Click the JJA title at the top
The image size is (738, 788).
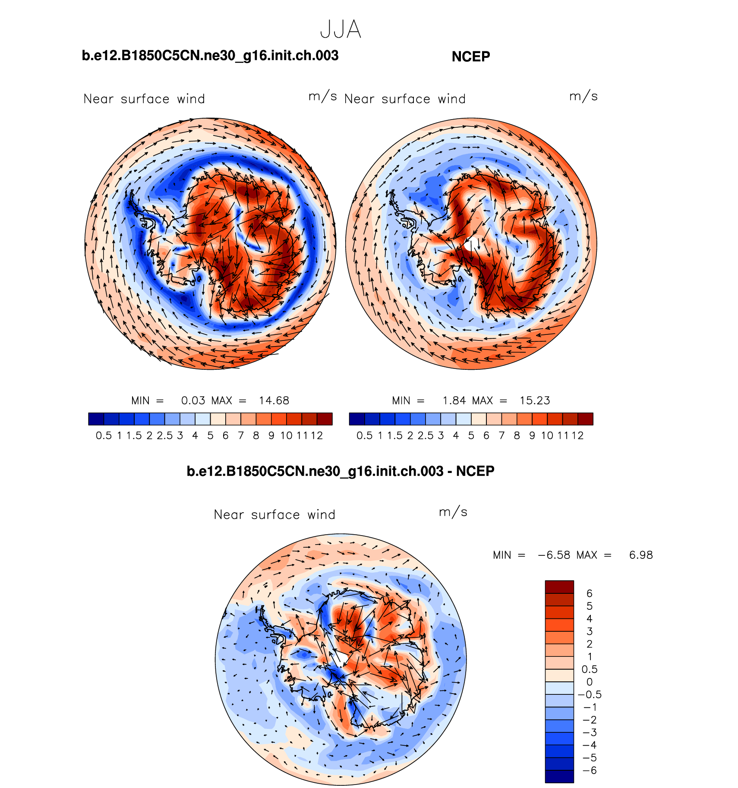click(341, 30)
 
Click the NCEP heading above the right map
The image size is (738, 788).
click(470, 57)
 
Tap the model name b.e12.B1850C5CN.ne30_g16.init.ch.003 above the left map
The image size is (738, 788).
click(210, 56)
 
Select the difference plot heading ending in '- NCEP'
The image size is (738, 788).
click(341, 471)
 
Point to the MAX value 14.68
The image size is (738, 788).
click(274, 400)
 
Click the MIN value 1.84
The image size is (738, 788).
click(454, 400)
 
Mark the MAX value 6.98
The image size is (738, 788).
click(641, 555)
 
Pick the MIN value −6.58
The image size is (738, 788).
click(554, 555)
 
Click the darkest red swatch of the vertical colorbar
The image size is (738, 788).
click(559, 587)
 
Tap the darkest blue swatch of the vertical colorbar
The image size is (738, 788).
click(559, 776)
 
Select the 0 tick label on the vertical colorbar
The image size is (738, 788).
click(590, 682)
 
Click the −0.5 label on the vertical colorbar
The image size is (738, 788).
click(590, 694)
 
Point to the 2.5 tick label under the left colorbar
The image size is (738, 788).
click(164, 435)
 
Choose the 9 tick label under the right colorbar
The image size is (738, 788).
click(532, 435)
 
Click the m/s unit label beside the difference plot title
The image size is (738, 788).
click(453, 512)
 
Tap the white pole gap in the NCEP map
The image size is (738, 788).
click(472, 244)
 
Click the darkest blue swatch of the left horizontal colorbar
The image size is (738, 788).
click(96, 419)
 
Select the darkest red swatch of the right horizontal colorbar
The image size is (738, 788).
click(585, 419)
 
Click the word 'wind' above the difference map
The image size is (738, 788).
click(321, 515)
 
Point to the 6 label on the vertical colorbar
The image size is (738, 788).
click(590, 593)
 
